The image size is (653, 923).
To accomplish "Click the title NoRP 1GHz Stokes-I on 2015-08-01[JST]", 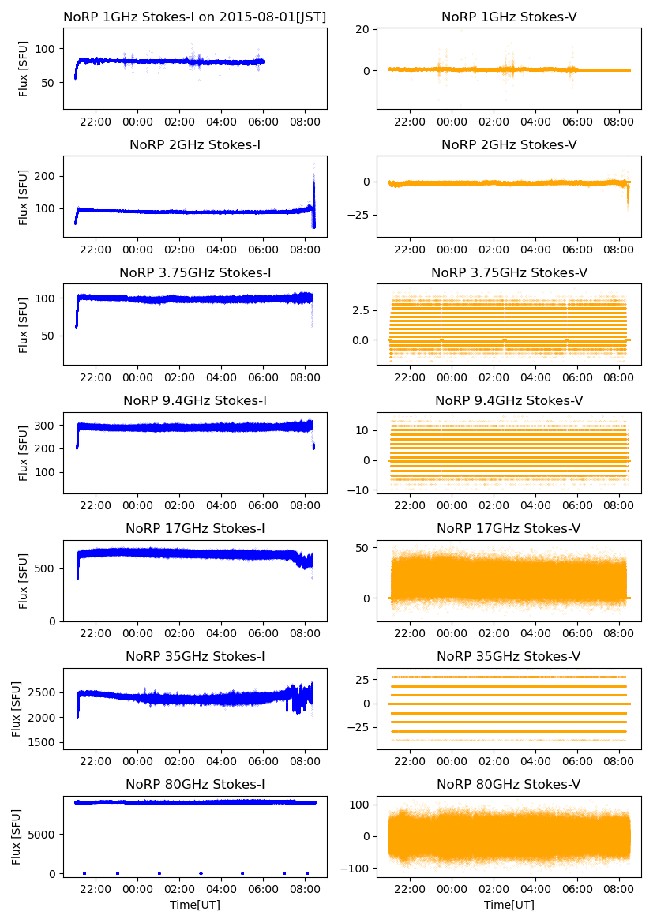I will coord(195,17).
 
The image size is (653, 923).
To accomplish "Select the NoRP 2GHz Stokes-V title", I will coord(509,144).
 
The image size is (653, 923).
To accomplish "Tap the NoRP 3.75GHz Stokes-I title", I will coord(195,273).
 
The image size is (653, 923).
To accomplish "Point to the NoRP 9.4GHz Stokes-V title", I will coord(509,401).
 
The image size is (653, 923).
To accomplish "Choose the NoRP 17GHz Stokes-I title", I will coord(195,529).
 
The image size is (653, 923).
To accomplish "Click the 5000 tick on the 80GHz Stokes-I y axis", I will coord(44,834).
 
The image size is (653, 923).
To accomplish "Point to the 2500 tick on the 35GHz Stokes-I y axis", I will coord(44,692).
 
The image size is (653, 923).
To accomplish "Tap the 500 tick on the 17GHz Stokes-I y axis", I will coord(47,568).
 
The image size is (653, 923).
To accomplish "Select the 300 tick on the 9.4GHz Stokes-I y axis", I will coord(47,426).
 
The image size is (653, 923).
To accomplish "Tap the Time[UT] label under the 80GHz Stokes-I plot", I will coord(195,905).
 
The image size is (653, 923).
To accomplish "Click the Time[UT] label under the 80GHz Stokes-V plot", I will coord(509,905).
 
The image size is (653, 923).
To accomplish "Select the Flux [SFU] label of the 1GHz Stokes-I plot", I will coord(24,69).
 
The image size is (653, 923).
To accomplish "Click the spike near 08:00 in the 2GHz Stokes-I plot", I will coord(313,189).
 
